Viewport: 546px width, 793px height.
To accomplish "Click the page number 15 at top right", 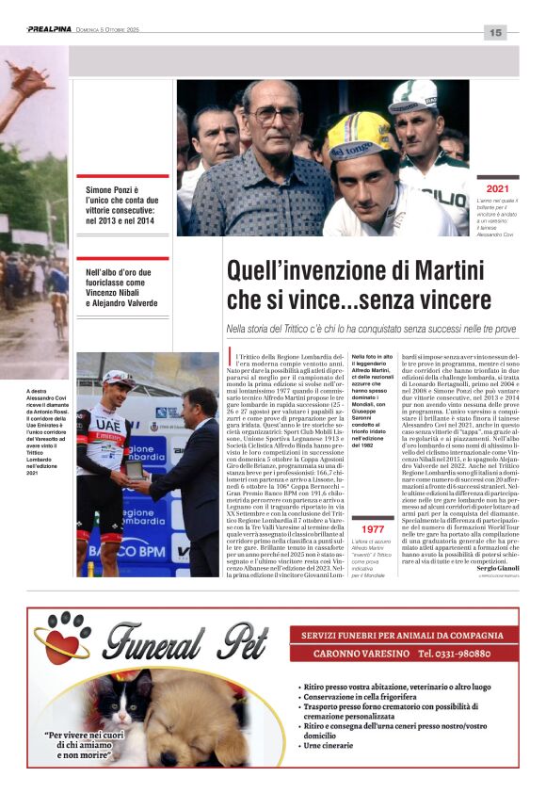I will [x=495, y=33].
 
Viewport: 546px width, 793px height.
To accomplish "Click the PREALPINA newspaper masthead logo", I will [x=48, y=29].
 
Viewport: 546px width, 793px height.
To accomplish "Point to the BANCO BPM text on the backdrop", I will [x=127, y=550].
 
